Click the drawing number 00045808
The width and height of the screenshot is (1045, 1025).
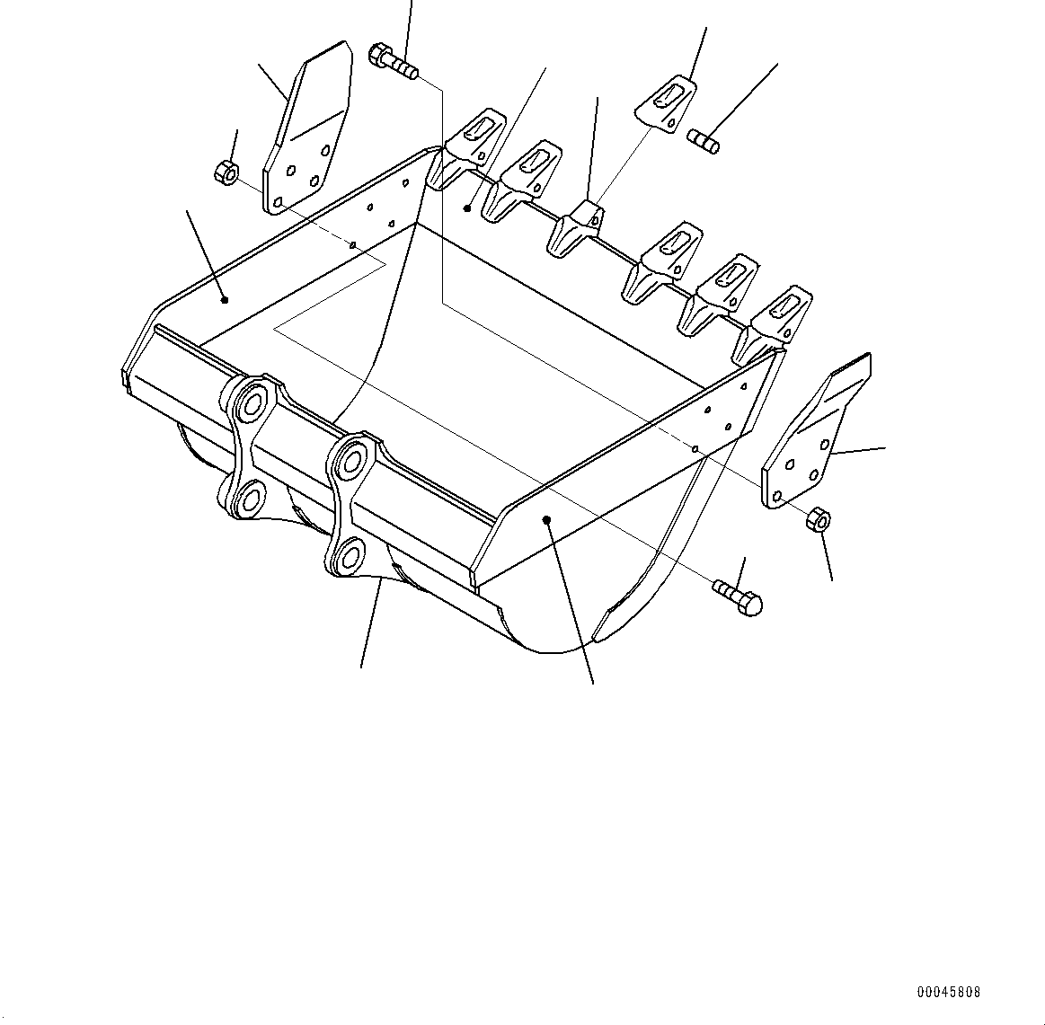[x=949, y=993]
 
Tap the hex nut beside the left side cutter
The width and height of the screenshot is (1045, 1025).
[x=226, y=170]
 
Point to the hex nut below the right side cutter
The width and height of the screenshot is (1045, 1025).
[x=819, y=519]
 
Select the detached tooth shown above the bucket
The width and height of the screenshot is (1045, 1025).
[x=666, y=101]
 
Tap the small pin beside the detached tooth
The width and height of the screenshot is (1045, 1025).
[x=703, y=141]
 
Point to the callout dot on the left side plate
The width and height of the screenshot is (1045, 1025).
[x=225, y=300]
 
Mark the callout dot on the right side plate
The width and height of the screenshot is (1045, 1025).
[x=547, y=518]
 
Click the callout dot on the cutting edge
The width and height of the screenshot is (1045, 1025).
[x=467, y=208]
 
